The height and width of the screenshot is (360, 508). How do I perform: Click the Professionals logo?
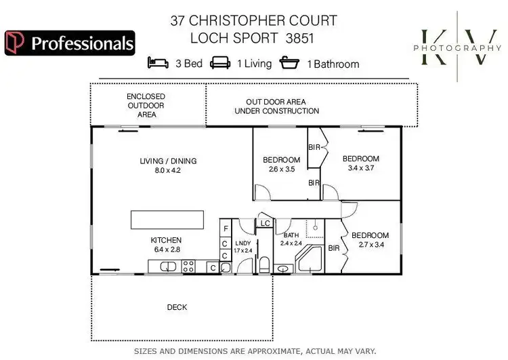70,43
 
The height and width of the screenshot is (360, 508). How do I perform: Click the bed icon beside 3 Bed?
158,64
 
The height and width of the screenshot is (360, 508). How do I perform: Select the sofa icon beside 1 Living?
221,64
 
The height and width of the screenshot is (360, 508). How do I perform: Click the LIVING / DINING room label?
168,161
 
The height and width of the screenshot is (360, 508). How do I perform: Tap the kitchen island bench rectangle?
167,220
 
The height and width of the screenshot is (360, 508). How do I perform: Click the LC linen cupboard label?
265,223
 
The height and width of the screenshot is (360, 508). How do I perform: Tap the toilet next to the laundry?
265,264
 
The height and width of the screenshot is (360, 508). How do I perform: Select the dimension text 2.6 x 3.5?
281,169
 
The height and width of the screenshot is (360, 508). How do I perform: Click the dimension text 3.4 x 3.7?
360,168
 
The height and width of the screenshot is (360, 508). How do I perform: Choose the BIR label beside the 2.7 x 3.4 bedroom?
333,249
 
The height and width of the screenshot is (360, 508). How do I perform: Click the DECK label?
177,307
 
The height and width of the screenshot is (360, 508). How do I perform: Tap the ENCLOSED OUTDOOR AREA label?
146,106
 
